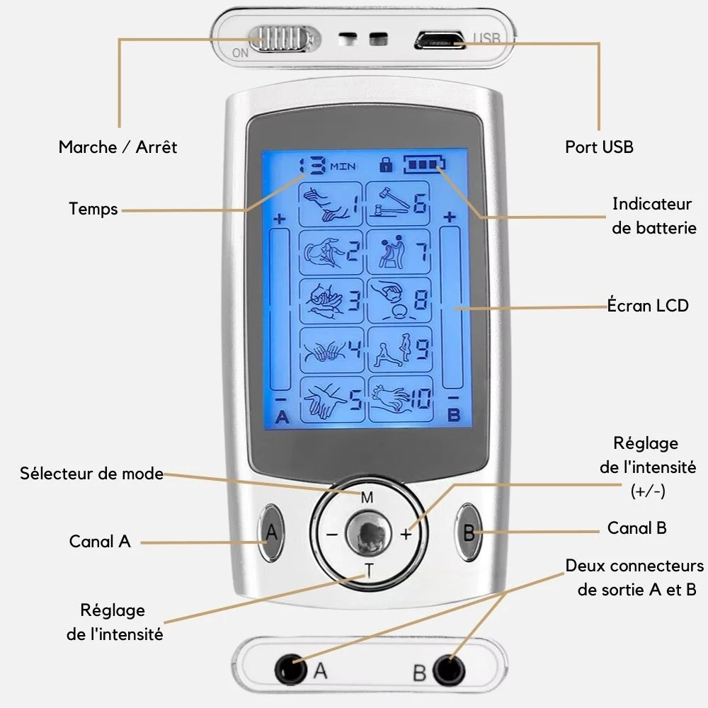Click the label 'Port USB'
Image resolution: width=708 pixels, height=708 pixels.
[599, 147]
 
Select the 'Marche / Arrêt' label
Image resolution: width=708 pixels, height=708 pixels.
[118, 147]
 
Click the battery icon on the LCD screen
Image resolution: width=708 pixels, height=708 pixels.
[425, 166]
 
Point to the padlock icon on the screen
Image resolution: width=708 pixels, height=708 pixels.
[386, 165]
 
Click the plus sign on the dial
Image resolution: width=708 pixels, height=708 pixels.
[406, 535]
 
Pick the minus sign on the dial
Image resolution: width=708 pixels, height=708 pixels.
[331, 535]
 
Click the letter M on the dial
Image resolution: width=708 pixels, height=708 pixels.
[367, 498]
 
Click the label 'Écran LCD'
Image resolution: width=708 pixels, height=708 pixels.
[648, 306]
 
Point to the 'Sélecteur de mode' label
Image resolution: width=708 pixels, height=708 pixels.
[91, 473]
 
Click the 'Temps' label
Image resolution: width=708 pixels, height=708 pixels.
[93, 209]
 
